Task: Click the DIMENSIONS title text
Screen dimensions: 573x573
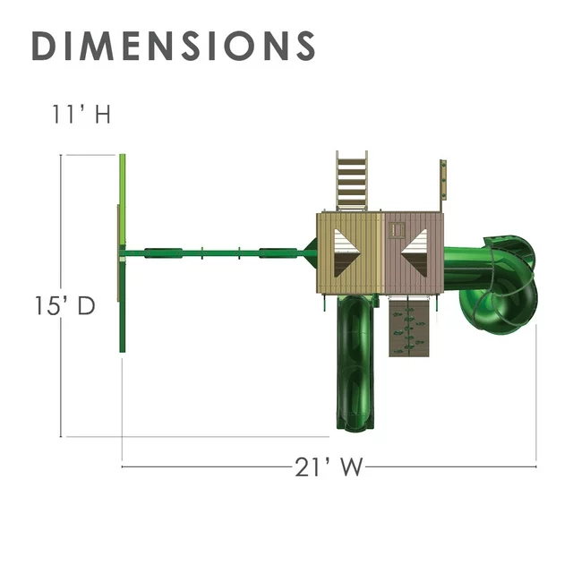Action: point(174,46)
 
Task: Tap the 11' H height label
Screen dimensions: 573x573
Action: point(81,114)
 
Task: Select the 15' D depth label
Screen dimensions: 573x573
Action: point(64,305)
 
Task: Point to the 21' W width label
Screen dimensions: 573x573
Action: point(329,467)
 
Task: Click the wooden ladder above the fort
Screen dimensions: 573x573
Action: point(352,181)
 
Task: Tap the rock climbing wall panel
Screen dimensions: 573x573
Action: point(409,328)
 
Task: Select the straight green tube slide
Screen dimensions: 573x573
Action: point(355,363)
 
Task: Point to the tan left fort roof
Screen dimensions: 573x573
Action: point(350,253)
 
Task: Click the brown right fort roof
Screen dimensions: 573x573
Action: point(415,253)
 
